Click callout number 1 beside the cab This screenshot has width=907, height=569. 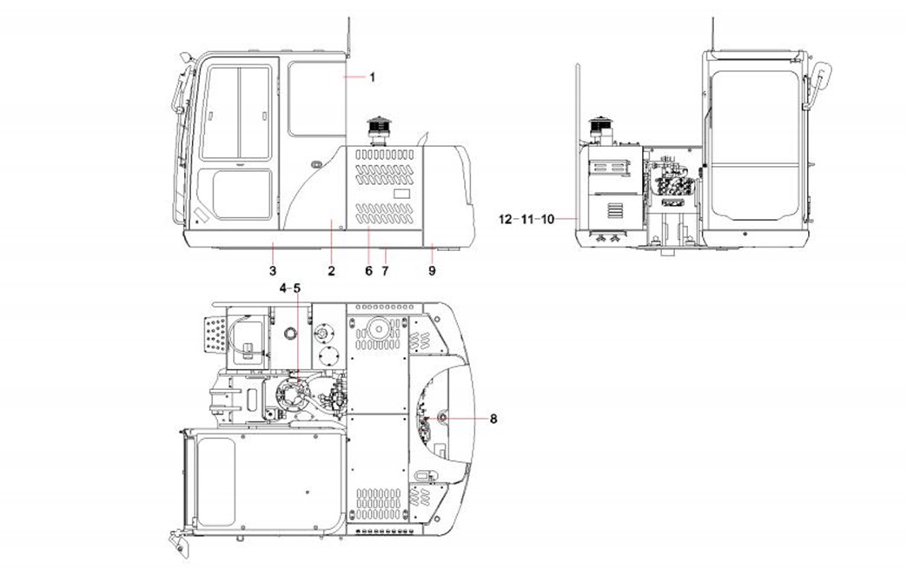(373, 77)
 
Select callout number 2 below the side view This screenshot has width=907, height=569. (332, 271)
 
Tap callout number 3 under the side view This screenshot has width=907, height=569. (273, 271)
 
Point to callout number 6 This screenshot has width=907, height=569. (368, 271)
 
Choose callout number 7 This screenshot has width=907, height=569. (385, 271)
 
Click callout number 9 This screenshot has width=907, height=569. (432, 271)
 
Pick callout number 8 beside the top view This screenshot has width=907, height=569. (493, 418)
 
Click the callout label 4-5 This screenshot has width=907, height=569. (290, 288)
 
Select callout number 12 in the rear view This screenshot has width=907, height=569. (506, 219)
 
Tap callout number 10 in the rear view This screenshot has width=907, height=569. (547, 219)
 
